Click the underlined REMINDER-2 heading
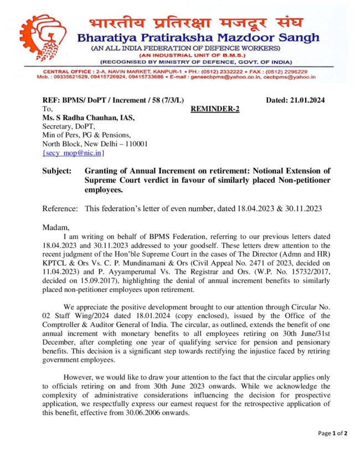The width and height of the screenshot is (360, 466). [215, 109]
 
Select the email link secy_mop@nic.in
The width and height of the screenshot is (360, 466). [73, 152]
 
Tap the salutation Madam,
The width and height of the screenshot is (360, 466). [56, 227]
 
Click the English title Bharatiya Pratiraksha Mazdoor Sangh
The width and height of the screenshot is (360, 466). [198, 38]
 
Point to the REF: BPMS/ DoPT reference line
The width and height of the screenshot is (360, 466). [113, 100]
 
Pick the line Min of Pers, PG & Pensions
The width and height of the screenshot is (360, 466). [87, 135]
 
